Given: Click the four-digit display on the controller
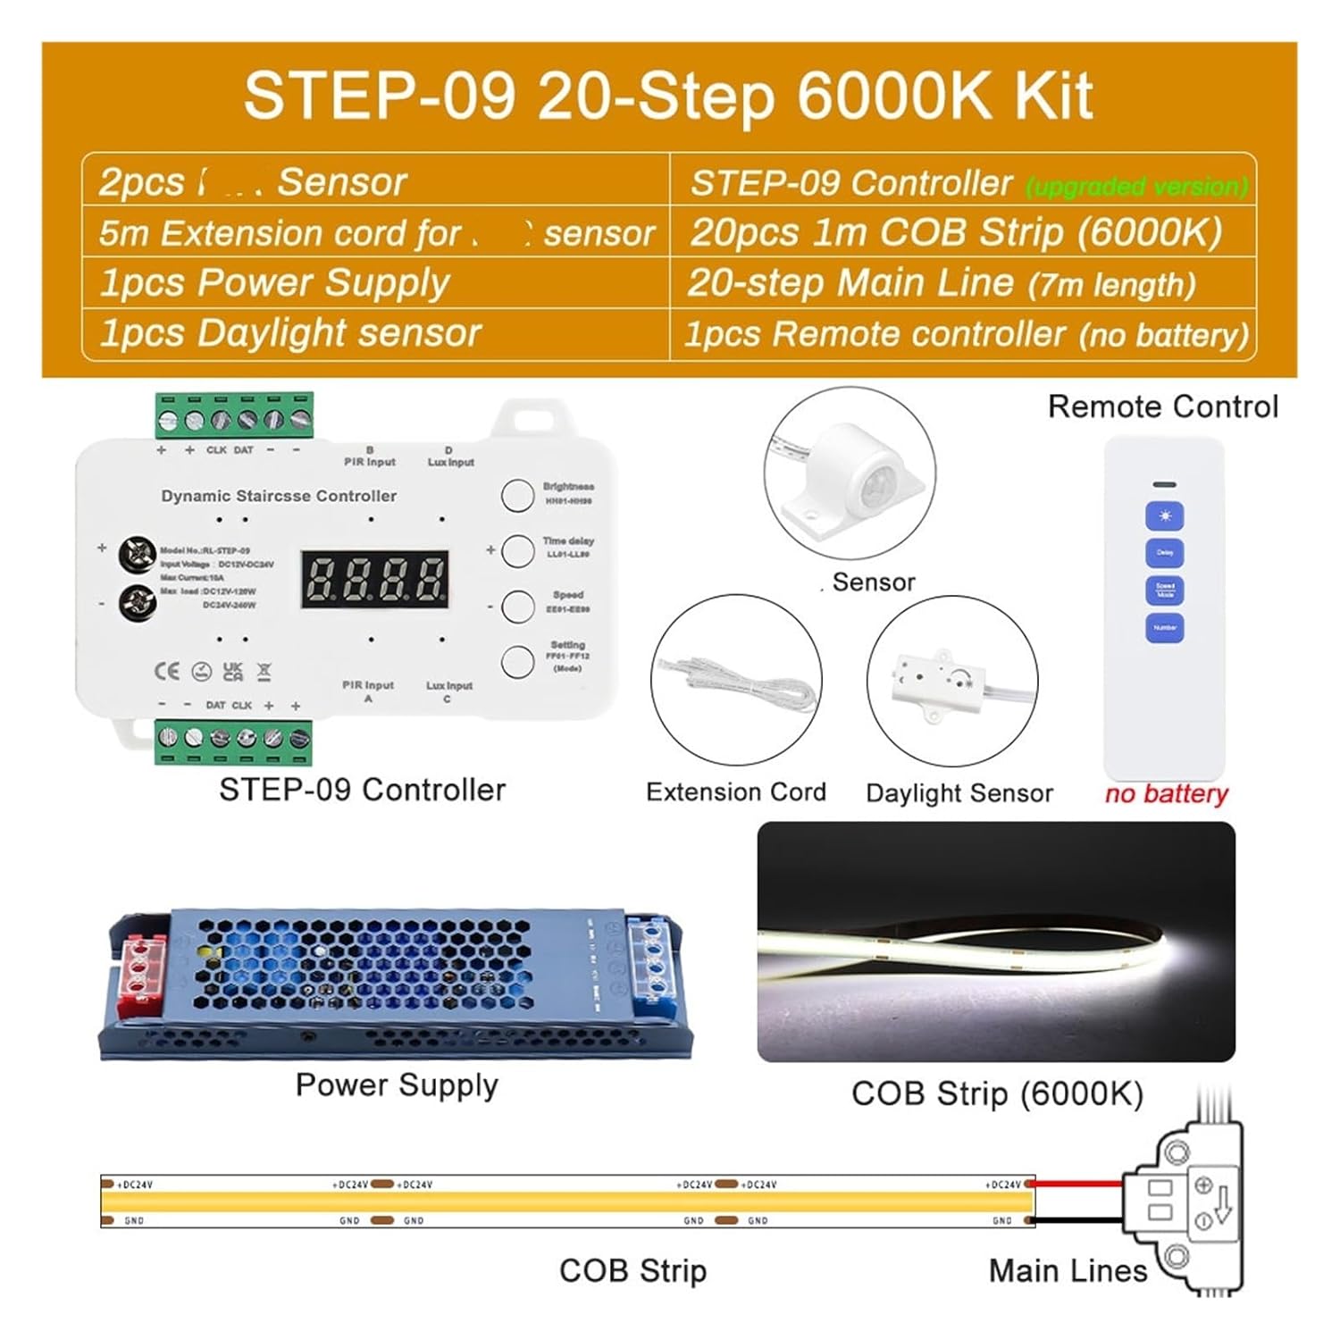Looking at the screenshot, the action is click(374, 579).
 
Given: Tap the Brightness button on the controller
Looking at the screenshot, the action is click(517, 495).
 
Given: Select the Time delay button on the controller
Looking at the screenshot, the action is click(517, 550).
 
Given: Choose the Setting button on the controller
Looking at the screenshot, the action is click(517, 662).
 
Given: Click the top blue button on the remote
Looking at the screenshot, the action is click(1165, 516).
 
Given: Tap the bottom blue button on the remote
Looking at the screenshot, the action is click(1165, 627).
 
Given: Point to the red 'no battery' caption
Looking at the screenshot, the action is click(1166, 793).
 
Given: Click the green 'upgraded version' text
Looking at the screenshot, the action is click(1136, 186).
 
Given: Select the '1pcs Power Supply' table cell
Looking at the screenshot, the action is click(275, 282).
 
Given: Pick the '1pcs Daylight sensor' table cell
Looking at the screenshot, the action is click(291, 333).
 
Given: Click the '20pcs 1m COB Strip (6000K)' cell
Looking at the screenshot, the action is click(956, 232).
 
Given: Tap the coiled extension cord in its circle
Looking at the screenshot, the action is click(738, 683).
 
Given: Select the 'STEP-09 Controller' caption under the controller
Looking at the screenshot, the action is click(362, 790).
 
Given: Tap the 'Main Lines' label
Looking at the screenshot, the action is click(1068, 1270).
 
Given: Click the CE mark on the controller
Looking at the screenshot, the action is click(167, 671).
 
